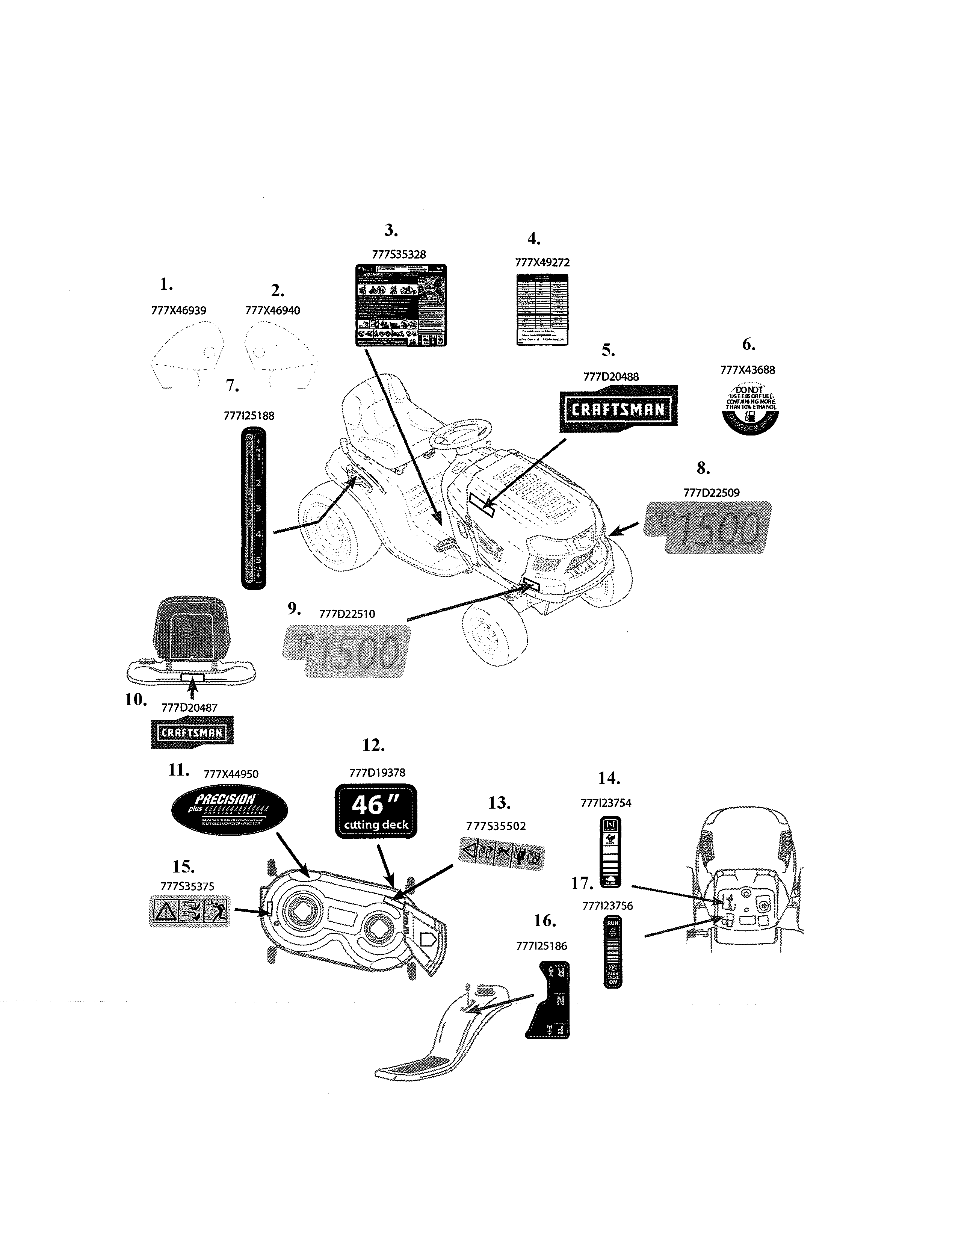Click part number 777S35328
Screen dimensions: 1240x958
click(x=398, y=254)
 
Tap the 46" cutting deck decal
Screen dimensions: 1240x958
click(x=376, y=811)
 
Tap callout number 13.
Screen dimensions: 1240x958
click(x=499, y=803)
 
